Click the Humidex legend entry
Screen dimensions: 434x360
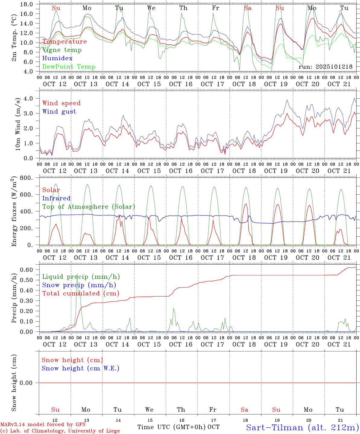click(57, 58)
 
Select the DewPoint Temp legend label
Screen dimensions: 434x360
click(69, 67)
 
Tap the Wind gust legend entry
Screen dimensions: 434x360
click(59, 112)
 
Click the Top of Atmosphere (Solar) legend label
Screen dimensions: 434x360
click(88, 207)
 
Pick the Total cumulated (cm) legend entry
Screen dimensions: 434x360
click(81, 293)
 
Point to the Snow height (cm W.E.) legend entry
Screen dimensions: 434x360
click(80, 368)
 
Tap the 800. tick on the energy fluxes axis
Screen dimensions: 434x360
click(27, 178)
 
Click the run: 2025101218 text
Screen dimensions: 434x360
click(325, 67)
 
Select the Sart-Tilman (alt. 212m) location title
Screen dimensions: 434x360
click(302, 427)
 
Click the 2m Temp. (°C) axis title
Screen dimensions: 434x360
click(14, 38)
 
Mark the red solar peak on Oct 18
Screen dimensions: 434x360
click(246, 204)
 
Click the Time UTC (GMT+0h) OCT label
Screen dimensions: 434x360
click(178, 427)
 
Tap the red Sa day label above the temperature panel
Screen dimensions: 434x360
click(247, 8)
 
